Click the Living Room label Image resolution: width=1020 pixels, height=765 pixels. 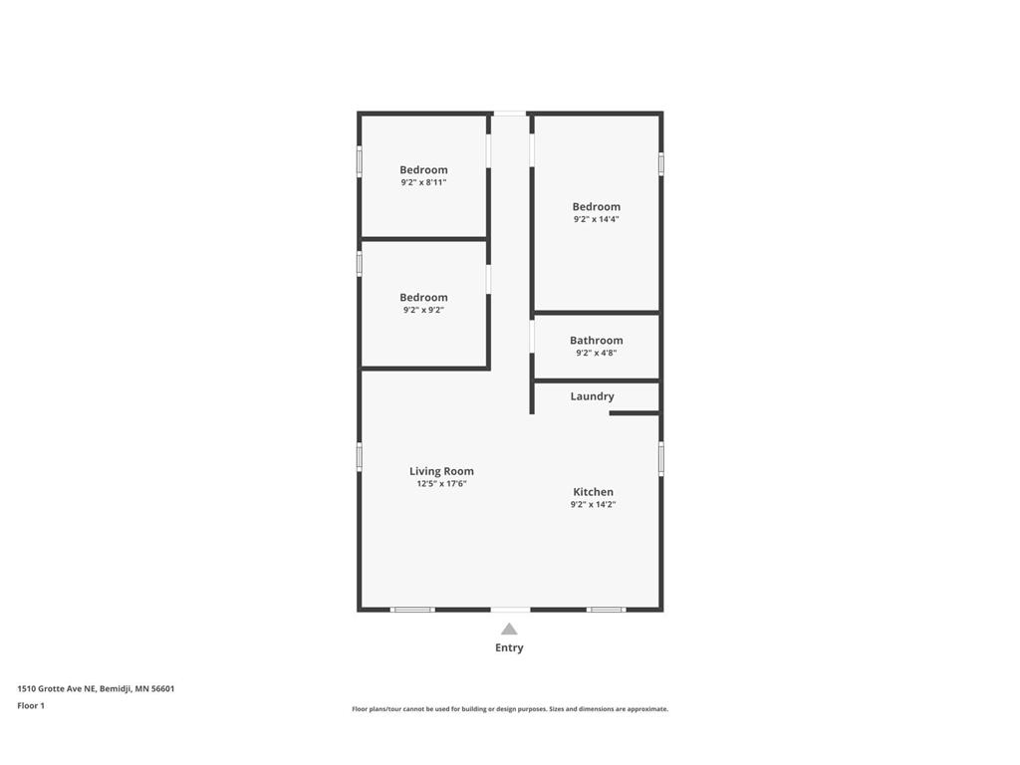point(441,471)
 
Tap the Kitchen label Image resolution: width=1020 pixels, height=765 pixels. point(593,492)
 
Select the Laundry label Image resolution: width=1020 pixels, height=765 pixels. point(592,396)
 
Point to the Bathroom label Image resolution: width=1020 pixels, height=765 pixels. point(596,341)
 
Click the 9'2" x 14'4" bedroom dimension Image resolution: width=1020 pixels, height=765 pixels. point(596,219)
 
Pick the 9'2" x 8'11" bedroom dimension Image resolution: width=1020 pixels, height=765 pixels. point(423,182)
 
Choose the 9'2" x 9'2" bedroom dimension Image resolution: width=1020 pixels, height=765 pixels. point(423,310)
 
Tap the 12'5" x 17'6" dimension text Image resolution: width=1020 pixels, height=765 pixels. point(441,484)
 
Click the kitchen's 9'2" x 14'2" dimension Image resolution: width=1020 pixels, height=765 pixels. point(593,505)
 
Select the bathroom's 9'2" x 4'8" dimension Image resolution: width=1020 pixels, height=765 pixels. point(596,353)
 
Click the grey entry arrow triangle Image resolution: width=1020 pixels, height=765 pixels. point(509,629)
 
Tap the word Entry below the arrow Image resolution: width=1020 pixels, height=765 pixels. point(509,647)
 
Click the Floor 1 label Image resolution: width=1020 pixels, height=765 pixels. point(31,705)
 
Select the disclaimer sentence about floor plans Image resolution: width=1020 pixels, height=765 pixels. point(509,709)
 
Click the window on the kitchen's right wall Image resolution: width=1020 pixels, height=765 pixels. point(660,458)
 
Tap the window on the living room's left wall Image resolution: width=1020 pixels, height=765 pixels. point(360,456)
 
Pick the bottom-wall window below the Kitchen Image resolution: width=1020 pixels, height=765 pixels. point(606,610)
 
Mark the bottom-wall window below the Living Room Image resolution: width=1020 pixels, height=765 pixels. point(412,610)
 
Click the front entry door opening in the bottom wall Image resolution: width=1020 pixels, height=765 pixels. point(510,610)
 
